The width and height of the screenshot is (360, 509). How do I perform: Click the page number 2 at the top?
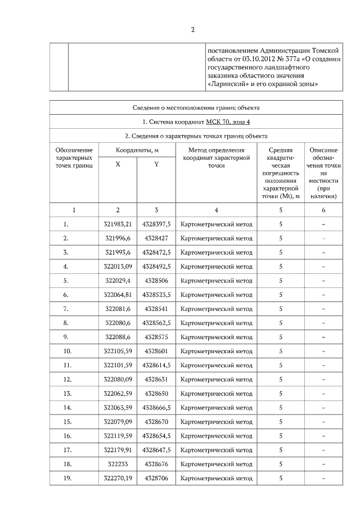(x=192, y=30)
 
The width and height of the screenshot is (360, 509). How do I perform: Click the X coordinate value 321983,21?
(x=118, y=224)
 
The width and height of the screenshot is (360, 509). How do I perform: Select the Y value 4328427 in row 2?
(x=156, y=238)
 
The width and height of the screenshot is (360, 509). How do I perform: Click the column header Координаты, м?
(x=137, y=150)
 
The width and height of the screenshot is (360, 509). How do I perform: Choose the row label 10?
(x=67, y=351)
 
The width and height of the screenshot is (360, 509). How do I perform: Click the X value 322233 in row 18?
(x=118, y=464)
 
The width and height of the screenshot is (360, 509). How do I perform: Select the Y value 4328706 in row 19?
(x=156, y=478)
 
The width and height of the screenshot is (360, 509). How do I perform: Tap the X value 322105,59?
(x=118, y=351)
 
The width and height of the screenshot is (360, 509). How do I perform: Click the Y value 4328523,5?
(x=156, y=294)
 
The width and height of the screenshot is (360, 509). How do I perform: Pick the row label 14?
(x=67, y=407)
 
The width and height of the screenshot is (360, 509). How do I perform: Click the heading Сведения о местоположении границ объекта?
(x=196, y=107)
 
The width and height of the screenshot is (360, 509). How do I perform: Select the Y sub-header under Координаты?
(x=156, y=164)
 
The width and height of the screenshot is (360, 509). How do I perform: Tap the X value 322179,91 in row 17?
(x=118, y=450)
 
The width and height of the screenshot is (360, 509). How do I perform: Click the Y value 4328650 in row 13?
(x=156, y=393)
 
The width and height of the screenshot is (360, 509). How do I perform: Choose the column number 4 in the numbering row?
(x=216, y=210)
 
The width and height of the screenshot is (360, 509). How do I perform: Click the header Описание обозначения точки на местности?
(x=323, y=173)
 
